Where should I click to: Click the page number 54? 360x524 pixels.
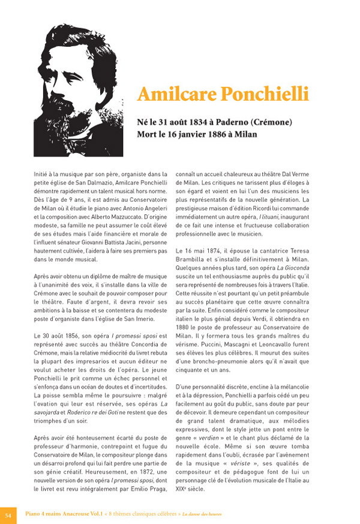pyautogui.click(x=8, y=514)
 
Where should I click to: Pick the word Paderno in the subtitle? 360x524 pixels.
pyautogui.click(x=247, y=122)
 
